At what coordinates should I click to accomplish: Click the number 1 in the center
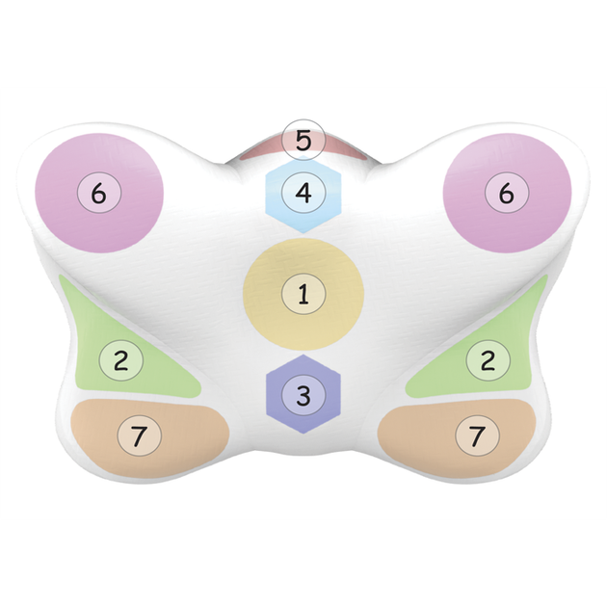[303, 294]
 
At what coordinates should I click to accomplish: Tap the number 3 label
[303, 395]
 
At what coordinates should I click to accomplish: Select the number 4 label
[303, 193]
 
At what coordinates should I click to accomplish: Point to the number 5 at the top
[303, 140]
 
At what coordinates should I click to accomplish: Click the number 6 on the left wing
[98, 193]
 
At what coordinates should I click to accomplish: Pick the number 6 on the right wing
[507, 193]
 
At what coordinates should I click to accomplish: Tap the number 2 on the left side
[121, 360]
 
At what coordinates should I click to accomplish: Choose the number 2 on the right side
[488, 360]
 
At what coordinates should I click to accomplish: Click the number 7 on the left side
[139, 436]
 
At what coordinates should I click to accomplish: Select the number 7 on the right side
[477, 436]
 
